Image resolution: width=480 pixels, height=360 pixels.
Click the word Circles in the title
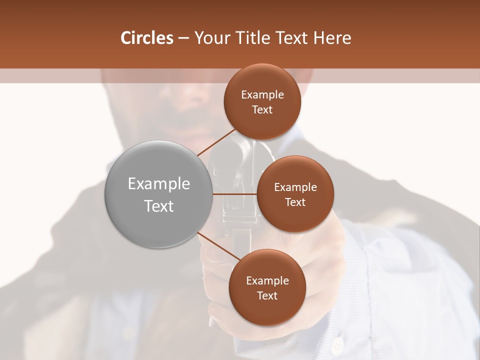(x=146, y=38)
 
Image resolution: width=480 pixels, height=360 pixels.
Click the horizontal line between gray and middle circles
(x=235, y=194)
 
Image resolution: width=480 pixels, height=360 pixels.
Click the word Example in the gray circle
(x=159, y=184)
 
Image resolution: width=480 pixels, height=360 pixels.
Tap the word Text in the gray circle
(x=159, y=206)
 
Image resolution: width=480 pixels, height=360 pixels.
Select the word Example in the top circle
(x=262, y=95)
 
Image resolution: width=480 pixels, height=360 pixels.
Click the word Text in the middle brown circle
(x=295, y=202)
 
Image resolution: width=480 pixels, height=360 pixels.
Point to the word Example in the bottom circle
(x=267, y=281)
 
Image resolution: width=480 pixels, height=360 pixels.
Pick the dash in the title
(x=183, y=38)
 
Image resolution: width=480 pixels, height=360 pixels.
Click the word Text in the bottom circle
(x=267, y=296)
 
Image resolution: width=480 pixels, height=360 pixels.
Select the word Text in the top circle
(x=262, y=110)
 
